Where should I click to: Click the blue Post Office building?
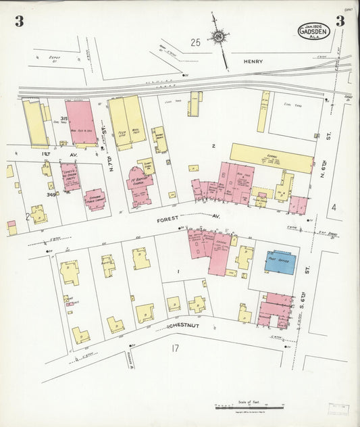click(279, 261)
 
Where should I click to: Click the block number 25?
click(195, 43)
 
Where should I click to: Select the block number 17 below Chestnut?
click(174, 349)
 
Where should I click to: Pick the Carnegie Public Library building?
click(95, 200)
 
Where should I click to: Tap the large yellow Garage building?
click(272, 157)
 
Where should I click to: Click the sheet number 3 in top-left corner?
click(19, 21)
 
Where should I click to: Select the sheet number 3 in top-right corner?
click(340, 21)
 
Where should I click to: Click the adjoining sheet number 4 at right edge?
click(333, 207)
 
